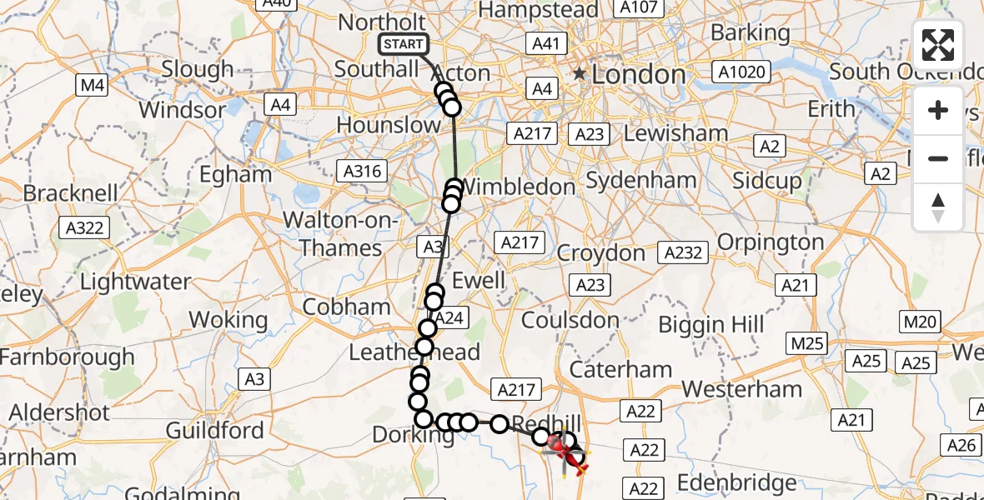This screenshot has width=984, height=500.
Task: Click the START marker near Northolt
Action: [x=403, y=44]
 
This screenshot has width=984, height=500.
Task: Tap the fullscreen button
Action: [x=938, y=45]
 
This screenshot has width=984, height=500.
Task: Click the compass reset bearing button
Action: [x=938, y=207]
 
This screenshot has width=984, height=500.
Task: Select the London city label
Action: [x=638, y=75]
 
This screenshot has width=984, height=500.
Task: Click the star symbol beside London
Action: [x=579, y=74]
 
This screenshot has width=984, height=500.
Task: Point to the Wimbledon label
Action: [x=518, y=187]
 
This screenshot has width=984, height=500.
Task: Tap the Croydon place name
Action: [x=601, y=252]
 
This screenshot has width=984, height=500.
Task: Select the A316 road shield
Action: [x=363, y=172]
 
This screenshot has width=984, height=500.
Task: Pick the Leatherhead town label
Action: [x=414, y=352]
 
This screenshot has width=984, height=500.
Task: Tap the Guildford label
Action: [x=214, y=431]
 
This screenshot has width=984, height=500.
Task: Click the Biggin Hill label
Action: [x=710, y=324]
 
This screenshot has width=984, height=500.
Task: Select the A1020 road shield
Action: [x=741, y=72]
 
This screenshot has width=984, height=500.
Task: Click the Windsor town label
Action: [x=182, y=110]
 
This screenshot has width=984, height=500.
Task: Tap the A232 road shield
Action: [x=682, y=252]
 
